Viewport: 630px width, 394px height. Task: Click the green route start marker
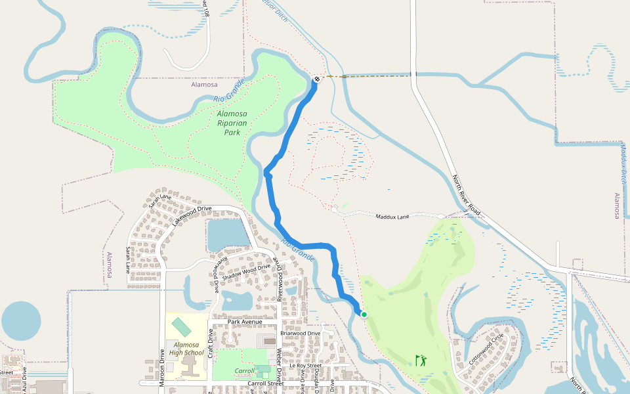[x=364, y=315]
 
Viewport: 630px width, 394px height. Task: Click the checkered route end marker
[x=317, y=79]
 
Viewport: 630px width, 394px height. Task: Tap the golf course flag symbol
[x=420, y=360]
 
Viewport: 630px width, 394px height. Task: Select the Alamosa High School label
[x=186, y=349]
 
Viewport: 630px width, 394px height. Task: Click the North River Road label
[x=467, y=195]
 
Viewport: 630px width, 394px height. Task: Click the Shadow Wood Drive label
[x=245, y=273]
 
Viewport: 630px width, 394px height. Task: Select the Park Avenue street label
[x=245, y=322]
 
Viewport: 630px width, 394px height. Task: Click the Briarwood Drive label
[x=300, y=333]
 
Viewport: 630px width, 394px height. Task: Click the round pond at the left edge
[x=21, y=321]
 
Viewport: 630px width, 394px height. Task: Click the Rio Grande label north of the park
[x=229, y=91]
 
